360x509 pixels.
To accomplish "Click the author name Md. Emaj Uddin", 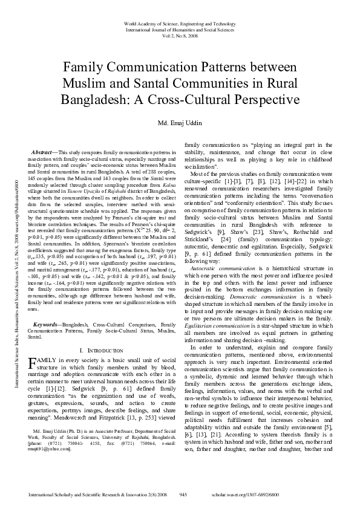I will click(180, 124).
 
